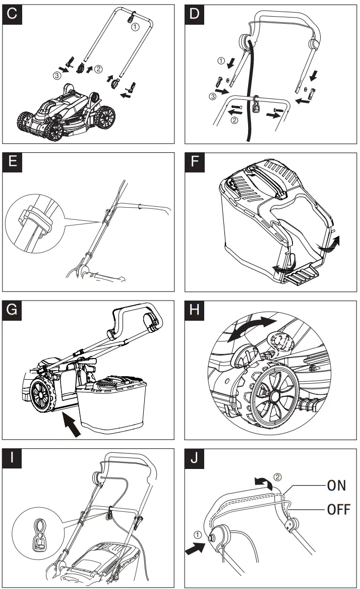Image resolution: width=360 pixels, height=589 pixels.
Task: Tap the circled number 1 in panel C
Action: pyautogui.click(x=134, y=28)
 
